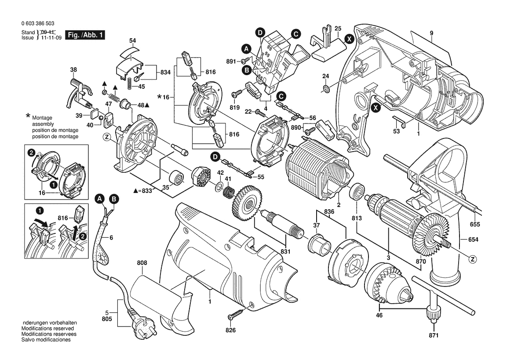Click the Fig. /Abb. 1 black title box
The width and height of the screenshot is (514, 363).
pyautogui.click(x=85, y=35)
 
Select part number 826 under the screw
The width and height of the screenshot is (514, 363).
pyautogui.click(x=231, y=330)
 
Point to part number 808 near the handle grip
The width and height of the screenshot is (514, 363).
pyautogui.click(x=142, y=263)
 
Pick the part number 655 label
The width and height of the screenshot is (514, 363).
pyautogui.click(x=474, y=225)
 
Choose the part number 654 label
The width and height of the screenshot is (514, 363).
pyautogui.click(x=473, y=240)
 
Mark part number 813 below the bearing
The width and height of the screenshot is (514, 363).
pyautogui.click(x=357, y=218)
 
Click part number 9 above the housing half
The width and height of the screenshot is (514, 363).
pyautogui.click(x=431, y=33)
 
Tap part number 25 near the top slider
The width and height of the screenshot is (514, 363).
pyautogui.click(x=338, y=29)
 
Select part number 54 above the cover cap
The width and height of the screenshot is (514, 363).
pyautogui.click(x=133, y=41)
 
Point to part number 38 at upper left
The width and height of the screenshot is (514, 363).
pyautogui.click(x=73, y=69)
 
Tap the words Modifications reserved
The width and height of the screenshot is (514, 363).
pyautogui.click(x=47, y=329)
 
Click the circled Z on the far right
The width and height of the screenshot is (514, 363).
pyautogui.click(x=473, y=259)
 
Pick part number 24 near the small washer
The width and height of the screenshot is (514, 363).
pyautogui.click(x=325, y=76)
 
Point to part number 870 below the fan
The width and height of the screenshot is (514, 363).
pyautogui.click(x=420, y=261)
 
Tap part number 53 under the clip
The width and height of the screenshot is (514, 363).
pyautogui.click(x=397, y=131)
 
